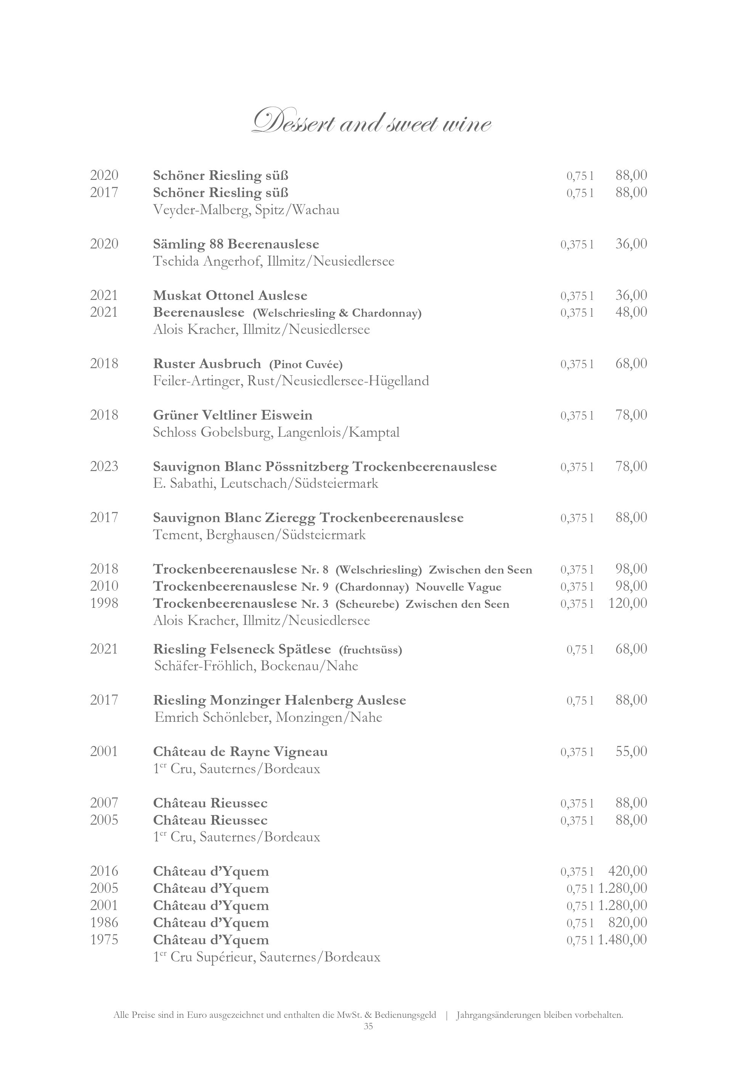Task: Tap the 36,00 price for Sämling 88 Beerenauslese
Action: point(631,244)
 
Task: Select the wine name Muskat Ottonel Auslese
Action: point(230,296)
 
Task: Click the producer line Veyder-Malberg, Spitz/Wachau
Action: point(246,210)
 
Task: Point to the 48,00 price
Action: point(631,312)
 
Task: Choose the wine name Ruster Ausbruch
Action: point(207,364)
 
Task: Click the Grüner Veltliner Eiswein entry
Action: point(233,415)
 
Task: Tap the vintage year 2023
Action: point(104,466)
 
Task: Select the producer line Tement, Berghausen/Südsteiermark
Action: point(259,535)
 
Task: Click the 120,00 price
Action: point(627,604)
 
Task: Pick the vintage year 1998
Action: point(104,604)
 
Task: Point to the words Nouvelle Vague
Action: point(458,587)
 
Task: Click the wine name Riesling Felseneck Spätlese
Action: point(242,649)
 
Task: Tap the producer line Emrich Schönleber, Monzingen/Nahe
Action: point(268,718)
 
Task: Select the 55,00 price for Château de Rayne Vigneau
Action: point(631,752)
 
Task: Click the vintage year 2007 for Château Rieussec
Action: point(104,803)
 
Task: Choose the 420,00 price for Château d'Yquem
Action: point(627,872)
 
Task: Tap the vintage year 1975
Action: point(104,940)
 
